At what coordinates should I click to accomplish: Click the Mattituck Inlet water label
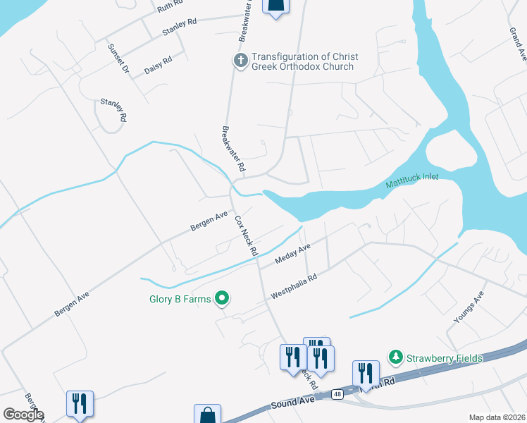[412, 182]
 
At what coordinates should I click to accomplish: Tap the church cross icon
[240, 61]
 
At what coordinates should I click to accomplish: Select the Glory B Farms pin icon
[223, 299]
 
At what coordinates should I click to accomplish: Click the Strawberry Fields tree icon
[396, 358]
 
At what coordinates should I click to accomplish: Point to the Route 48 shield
[338, 395]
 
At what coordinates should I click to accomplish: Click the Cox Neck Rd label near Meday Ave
[244, 235]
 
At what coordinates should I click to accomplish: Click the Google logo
[23, 415]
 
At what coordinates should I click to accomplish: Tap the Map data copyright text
[496, 417]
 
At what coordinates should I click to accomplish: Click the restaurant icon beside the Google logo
[78, 405]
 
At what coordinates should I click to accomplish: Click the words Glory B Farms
[180, 299]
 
